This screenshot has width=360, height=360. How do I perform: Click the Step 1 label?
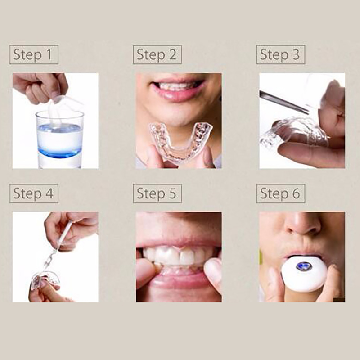34,54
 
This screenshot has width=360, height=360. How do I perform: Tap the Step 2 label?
157,54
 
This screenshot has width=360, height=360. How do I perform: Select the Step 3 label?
280,54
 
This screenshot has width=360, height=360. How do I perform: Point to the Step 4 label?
34,193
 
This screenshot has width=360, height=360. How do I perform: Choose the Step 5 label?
157,193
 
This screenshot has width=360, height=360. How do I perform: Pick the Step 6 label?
280,193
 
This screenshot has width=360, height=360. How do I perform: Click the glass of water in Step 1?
60,139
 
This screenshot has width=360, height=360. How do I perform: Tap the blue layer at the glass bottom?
60,153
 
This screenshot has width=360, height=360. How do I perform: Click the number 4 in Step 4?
49,193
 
